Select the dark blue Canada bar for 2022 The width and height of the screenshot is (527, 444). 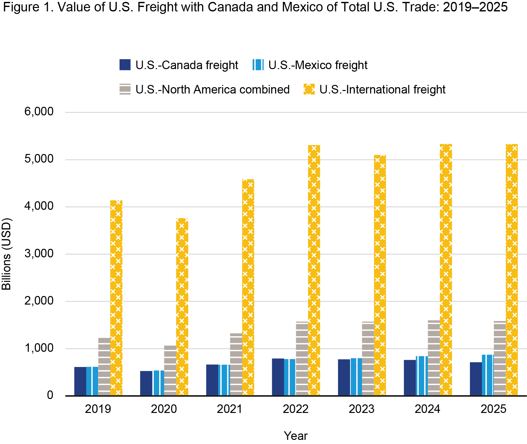coord(278,377)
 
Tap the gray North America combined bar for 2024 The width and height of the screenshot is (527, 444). coord(434,358)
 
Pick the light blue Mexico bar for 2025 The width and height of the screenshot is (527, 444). coord(487,375)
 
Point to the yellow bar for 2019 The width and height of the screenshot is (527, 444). coord(116,298)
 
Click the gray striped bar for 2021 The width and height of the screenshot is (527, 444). coord(236,364)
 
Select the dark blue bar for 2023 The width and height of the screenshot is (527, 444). coord(344,377)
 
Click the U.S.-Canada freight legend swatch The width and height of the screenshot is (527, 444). coord(125,65)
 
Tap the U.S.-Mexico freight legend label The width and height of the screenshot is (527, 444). coord(318,65)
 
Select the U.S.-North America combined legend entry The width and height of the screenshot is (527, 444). coord(212,89)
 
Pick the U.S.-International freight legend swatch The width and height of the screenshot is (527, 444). coord(309,89)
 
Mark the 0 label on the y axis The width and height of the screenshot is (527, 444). coord(50,395)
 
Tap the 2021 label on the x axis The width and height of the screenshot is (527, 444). coord(230,409)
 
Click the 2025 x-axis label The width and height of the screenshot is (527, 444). coord(493,409)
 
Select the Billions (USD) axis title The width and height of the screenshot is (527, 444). coord(6,254)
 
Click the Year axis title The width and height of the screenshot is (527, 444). coord(296,436)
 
